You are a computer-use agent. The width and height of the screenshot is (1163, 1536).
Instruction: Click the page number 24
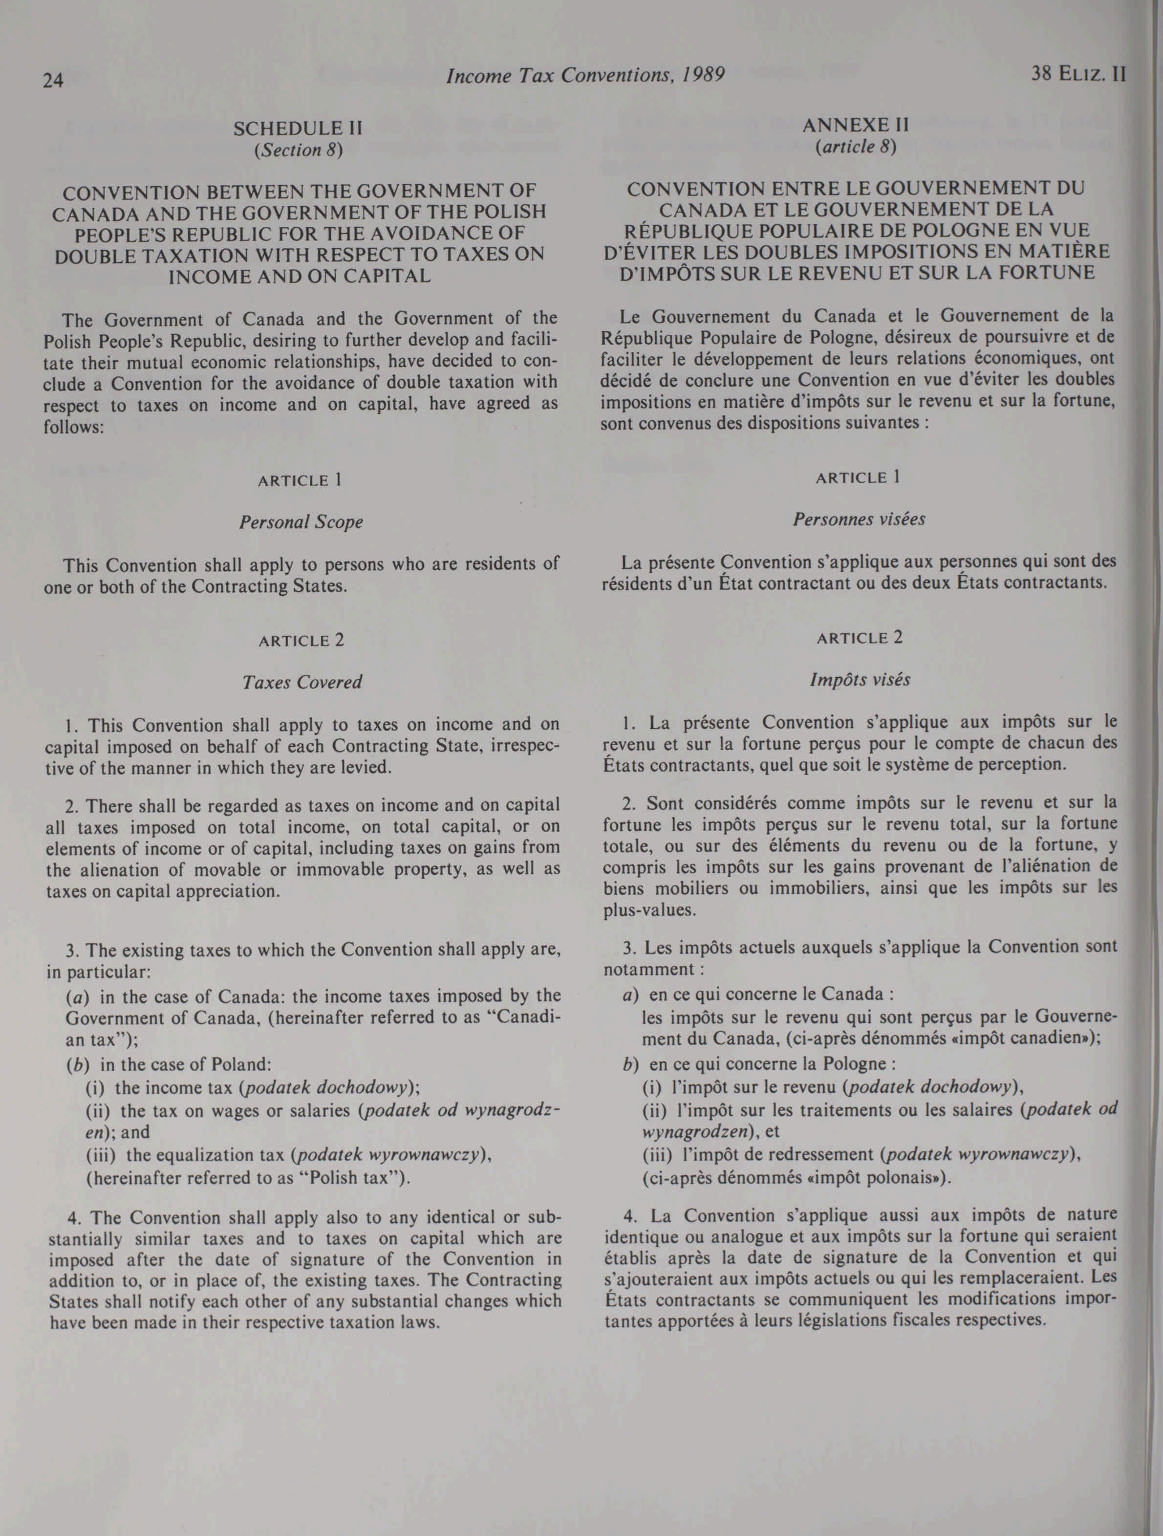pyautogui.click(x=53, y=81)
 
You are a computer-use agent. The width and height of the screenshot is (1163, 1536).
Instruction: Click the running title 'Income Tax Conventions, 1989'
pyautogui.click(x=585, y=75)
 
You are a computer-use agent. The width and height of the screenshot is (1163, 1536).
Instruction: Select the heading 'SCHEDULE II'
pyautogui.click(x=298, y=129)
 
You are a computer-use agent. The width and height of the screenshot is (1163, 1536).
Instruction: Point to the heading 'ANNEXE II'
pyautogui.click(x=856, y=126)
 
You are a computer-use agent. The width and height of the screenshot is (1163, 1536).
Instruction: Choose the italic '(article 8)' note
pyautogui.click(x=856, y=147)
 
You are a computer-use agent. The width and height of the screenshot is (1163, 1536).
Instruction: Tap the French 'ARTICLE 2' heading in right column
pyautogui.click(x=860, y=638)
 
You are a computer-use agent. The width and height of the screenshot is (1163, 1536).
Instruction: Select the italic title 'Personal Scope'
pyautogui.click(x=301, y=522)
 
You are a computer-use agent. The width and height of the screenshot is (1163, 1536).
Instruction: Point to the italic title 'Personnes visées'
pyautogui.click(x=859, y=519)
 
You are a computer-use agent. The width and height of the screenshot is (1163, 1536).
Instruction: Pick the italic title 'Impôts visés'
pyautogui.click(x=860, y=679)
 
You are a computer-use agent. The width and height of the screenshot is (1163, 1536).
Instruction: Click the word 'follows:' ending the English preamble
pyautogui.click(x=74, y=427)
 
